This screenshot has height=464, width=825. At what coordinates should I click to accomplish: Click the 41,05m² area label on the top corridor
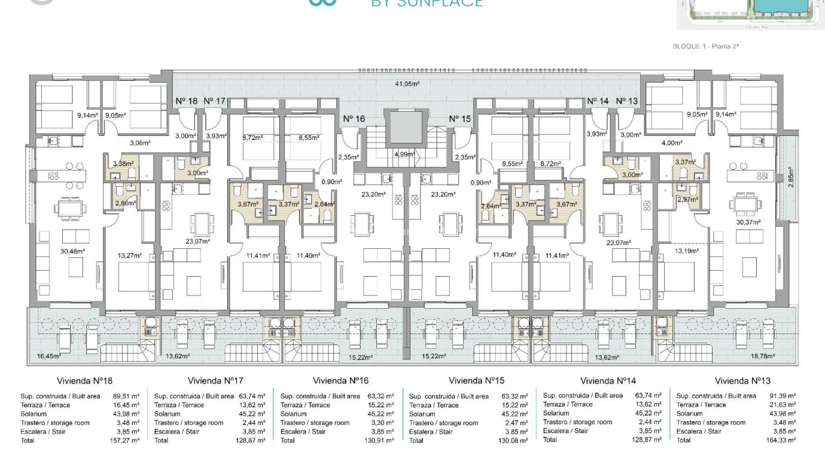point(407,84)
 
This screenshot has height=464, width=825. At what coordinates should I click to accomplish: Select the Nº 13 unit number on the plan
point(627,101)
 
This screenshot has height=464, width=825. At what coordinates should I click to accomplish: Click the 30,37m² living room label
point(748,222)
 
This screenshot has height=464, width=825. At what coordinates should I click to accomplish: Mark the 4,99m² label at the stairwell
point(404,154)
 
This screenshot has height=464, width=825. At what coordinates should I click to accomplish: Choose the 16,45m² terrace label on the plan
point(48,356)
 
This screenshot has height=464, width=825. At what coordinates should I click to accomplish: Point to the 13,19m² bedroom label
point(686,250)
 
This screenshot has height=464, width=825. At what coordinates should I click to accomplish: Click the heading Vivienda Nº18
point(85,381)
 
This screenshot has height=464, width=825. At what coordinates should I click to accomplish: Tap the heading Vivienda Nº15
point(477,381)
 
